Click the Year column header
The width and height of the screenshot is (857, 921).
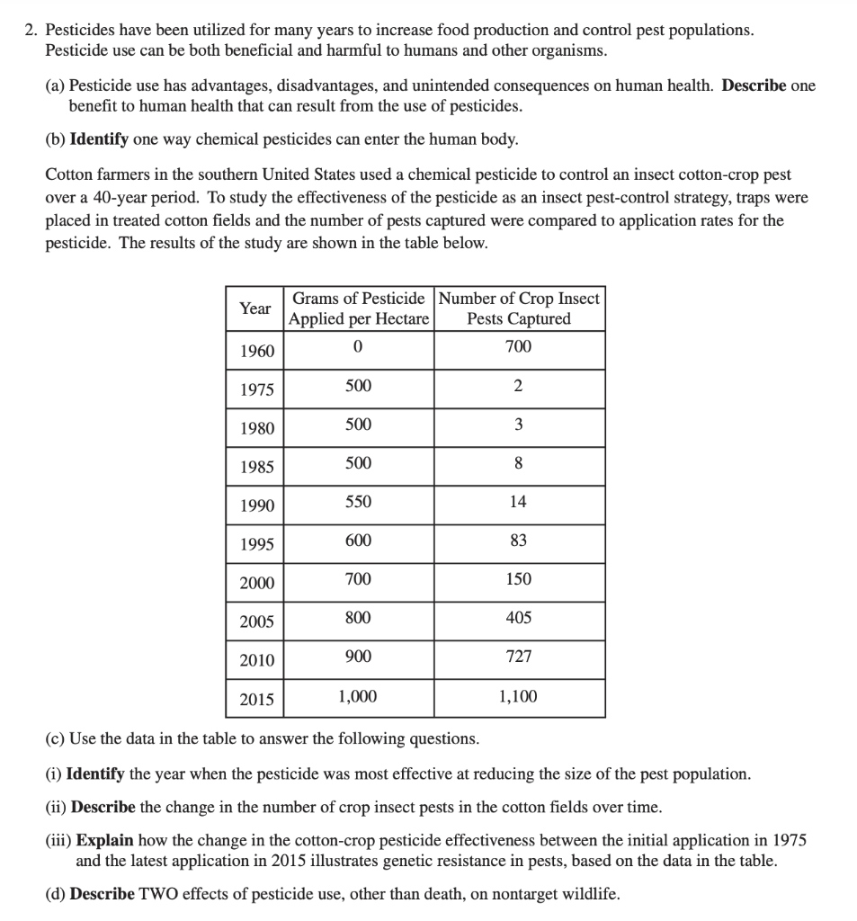point(255,308)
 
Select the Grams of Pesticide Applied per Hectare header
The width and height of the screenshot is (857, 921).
point(359,308)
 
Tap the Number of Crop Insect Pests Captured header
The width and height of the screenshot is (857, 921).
point(519,308)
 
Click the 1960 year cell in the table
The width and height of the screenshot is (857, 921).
point(257,351)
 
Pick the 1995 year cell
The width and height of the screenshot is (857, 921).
point(257,544)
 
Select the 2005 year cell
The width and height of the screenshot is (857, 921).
point(257,621)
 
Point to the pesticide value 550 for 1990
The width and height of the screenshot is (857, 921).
point(358,502)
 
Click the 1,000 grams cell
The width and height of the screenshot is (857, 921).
point(358,696)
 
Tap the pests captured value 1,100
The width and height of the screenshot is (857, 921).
point(518,696)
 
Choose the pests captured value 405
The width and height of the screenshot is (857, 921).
point(519,618)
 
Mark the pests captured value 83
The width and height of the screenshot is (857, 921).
point(519,541)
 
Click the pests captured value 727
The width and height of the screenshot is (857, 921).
point(519,657)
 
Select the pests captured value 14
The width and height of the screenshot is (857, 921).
point(519,502)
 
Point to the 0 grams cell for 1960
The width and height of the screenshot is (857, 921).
point(358,347)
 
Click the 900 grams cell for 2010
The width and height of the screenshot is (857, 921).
point(358,657)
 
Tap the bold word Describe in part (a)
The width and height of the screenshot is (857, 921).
point(754,86)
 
